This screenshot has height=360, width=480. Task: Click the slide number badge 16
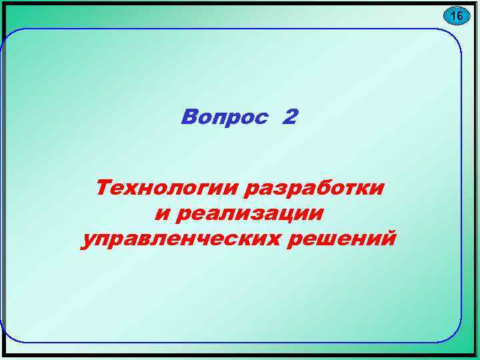pyautogui.click(x=456, y=15)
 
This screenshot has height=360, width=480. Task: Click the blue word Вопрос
pyautogui.click(x=226, y=118)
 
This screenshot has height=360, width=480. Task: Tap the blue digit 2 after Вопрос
pyautogui.click(x=290, y=117)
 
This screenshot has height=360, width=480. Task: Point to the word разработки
pyautogui.click(x=315, y=188)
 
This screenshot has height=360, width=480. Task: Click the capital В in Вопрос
pyautogui.click(x=189, y=117)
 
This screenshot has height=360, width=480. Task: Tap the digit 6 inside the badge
pyautogui.click(x=460, y=15)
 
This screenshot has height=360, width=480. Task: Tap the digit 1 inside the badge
pyautogui.click(x=452, y=15)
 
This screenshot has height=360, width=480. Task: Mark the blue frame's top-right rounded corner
pyautogui.click(x=453, y=37)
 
